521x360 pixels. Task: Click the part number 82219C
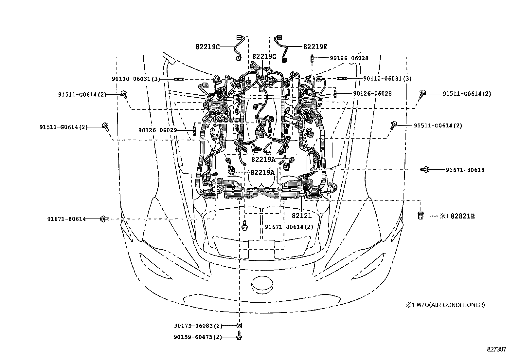point(207,47)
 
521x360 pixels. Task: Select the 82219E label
point(315,47)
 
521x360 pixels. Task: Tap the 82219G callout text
point(264,56)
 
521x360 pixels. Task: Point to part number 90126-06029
point(157,130)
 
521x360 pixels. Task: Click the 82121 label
point(302,216)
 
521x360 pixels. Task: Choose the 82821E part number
point(462,216)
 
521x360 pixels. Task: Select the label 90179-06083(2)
point(198,326)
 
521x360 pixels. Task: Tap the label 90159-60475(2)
point(198,337)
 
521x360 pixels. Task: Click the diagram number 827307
point(496,350)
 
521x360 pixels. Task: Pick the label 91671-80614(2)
point(289,227)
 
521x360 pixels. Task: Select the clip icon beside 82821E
point(421,216)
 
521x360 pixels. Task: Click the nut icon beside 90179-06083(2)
point(239,325)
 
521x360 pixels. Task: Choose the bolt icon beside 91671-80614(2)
point(245,227)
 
